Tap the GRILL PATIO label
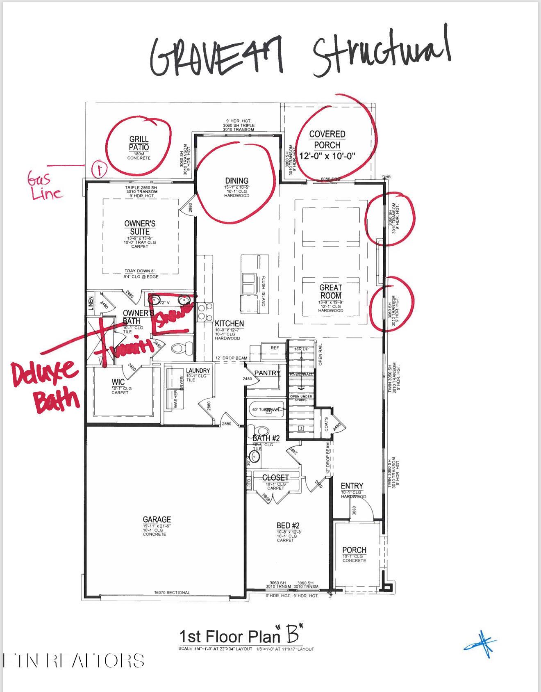coord(139,144)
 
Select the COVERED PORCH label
coord(327,139)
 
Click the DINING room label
coord(236,181)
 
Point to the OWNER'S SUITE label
coord(140,227)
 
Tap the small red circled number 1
coord(99,169)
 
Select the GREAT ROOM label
coord(330,291)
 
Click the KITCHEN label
coord(229,324)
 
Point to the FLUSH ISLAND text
coord(263,290)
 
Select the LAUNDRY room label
coord(198,370)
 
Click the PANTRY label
coord(267,373)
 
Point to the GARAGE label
coord(157,519)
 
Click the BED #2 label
coord(288,525)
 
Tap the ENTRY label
coord(352,486)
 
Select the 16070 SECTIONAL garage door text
coord(172,592)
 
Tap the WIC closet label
coord(118,382)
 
